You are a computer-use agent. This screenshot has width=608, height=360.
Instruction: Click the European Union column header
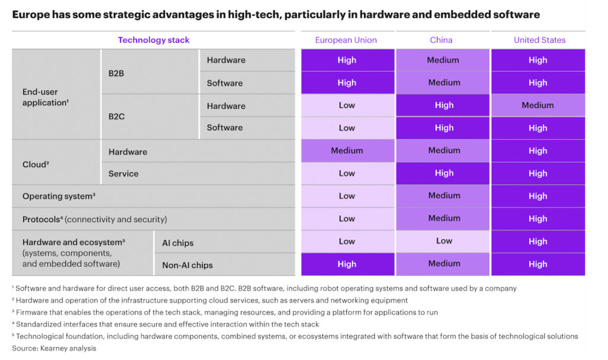pyautogui.click(x=346, y=40)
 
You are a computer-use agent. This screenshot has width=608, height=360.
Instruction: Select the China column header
pyautogui.click(x=441, y=40)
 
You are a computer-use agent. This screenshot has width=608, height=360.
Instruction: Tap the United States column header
pyautogui.click(x=539, y=40)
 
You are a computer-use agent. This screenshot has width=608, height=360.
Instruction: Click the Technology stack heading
pyautogui.click(x=154, y=40)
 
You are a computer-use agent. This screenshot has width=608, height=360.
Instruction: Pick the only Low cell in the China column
pyautogui.click(x=444, y=241)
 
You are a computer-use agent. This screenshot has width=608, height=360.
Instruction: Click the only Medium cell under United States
pyautogui.click(x=537, y=105)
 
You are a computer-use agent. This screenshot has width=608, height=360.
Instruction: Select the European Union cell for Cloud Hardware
pyautogui.click(x=347, y=151)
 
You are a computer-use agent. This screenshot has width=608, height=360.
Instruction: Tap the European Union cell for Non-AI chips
pyautogui.click(x=347, y=264)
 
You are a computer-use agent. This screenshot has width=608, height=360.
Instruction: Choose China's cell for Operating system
pyautogui.click(x=444, y=196)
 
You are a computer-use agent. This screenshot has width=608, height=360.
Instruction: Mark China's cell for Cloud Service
pyautogui.click(x=444, y=173)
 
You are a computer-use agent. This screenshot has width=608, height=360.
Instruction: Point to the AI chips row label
pyautogui.click(x=178, y=243)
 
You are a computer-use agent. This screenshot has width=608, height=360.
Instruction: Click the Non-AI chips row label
pyautogui.click(x=187, y=265)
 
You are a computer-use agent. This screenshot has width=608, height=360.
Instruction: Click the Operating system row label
pyautogui.click(x=59, y=196)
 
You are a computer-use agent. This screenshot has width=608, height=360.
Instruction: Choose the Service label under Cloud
pyautogui.click(x=123, y=173)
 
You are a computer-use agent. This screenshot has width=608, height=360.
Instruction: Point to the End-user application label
pyautogui.click(x=46, y=97)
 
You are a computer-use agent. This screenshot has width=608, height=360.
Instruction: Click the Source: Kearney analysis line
pyautogui.click(x=54, y=348)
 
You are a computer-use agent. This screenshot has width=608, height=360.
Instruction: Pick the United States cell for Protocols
pyautogui.click(x=537, y=219)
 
